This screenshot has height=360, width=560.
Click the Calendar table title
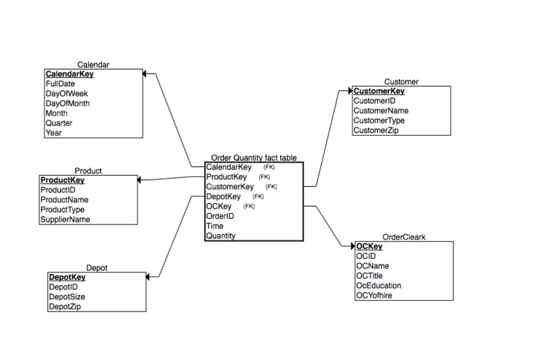tap(93, 65)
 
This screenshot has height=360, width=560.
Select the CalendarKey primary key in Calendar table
tap(69, 74)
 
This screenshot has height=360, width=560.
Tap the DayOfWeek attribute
tap(67, 94)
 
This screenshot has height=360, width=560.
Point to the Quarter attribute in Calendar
tap(59, 123)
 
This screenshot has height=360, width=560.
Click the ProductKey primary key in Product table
tap(62, 180)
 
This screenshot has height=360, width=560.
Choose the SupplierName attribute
tap(65, 219)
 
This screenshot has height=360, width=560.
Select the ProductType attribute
tap(62, 210)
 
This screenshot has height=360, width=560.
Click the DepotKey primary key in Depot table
tap(67, 277)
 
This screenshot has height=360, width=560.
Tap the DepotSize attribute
tap(67, 297)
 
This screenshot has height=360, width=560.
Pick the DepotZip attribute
tap(65, 306)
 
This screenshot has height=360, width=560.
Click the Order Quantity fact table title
tap(254, 158)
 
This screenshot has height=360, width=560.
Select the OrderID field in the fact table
tap(220, 216)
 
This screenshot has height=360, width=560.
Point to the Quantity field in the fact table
tap(220, 236)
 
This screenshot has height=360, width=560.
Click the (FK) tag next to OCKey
tap(249, 206)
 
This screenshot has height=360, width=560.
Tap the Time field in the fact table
tap(214, 226)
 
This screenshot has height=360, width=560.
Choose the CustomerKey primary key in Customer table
tap(379, 91)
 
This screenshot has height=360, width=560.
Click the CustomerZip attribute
tap(376, 130)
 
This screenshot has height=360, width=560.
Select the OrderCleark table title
tap(404, 237)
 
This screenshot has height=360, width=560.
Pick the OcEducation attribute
tap(378, 286)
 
